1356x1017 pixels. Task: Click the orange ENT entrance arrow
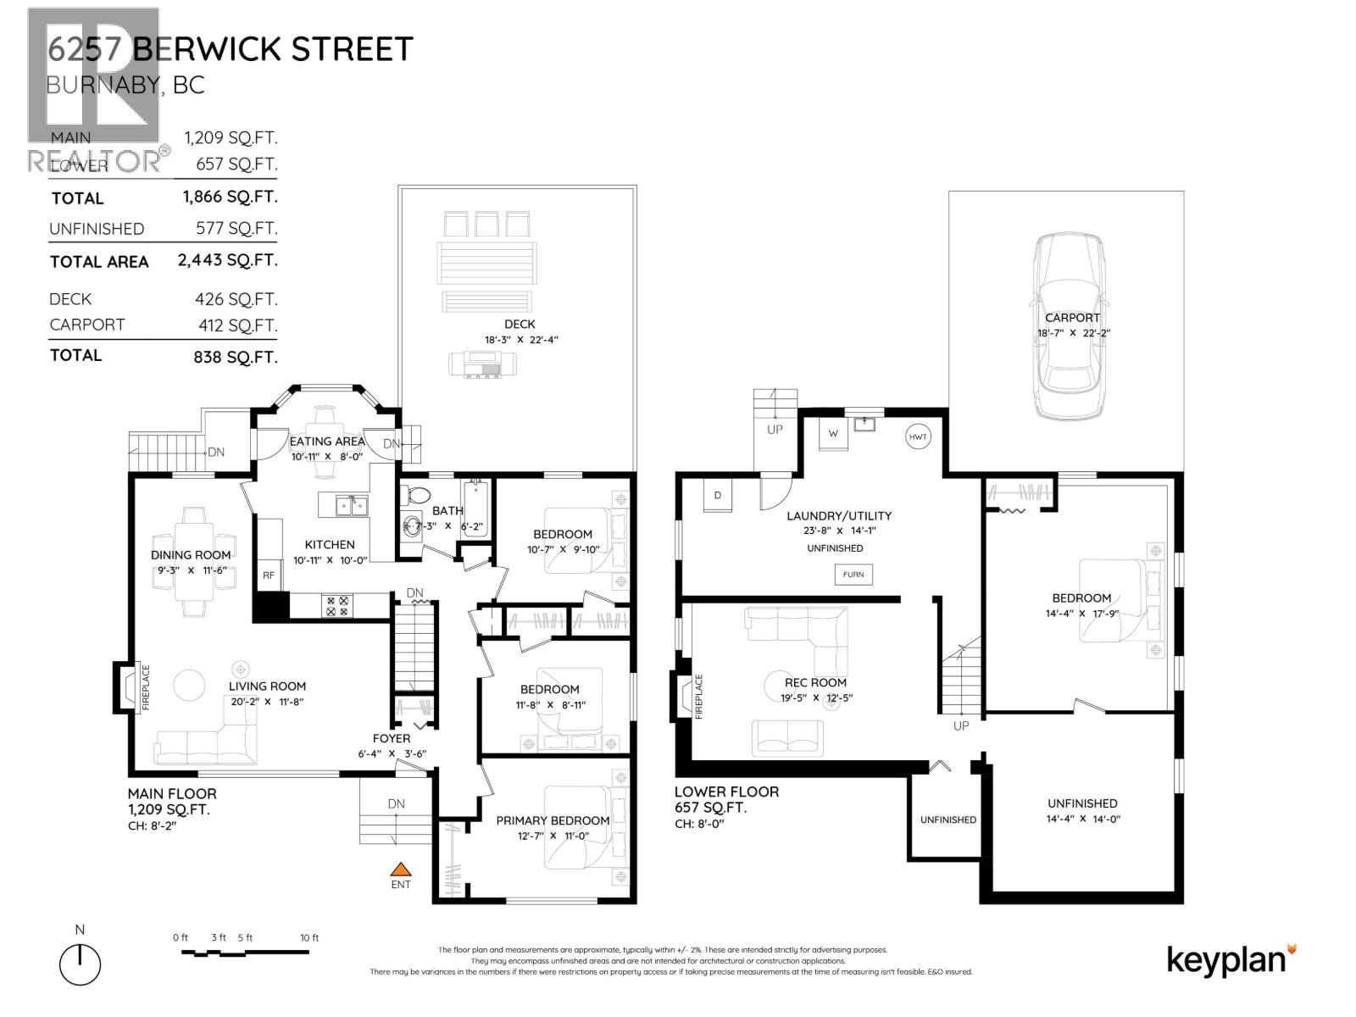400,869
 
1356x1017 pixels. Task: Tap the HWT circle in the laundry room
918,437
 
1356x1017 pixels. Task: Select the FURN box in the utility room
853,575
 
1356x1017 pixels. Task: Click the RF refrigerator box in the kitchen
269,575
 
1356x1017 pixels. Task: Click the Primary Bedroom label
553,820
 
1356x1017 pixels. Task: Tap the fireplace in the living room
127,687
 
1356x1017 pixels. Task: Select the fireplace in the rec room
682,696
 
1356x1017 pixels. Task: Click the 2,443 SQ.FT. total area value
227,260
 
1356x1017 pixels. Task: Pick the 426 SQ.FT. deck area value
236,299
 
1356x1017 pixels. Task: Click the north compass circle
80,965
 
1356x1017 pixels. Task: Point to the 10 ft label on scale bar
309,937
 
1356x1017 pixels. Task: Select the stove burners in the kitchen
336,606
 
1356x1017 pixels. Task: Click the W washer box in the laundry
833,434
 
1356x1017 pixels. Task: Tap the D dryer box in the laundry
718,496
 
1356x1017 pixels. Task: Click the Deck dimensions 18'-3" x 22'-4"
520,340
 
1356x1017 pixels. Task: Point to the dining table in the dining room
194,555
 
